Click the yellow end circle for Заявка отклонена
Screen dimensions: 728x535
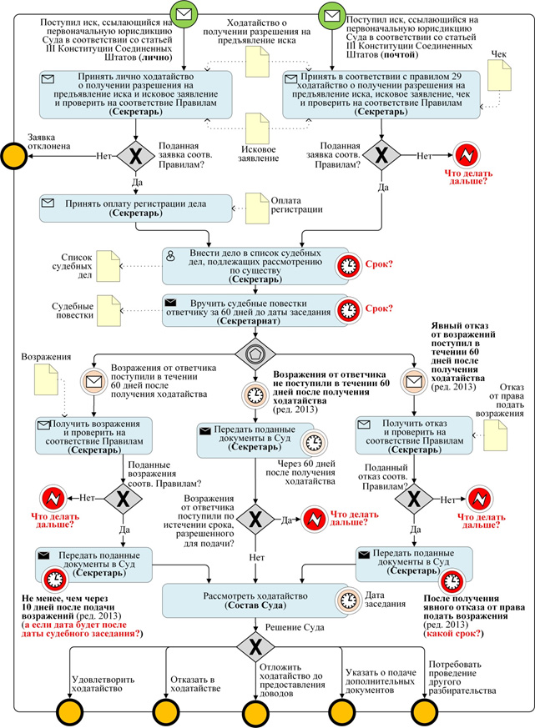coord(13,155)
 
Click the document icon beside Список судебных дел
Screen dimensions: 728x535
coord(107,265)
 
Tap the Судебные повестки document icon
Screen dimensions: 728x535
coord(107,313)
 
